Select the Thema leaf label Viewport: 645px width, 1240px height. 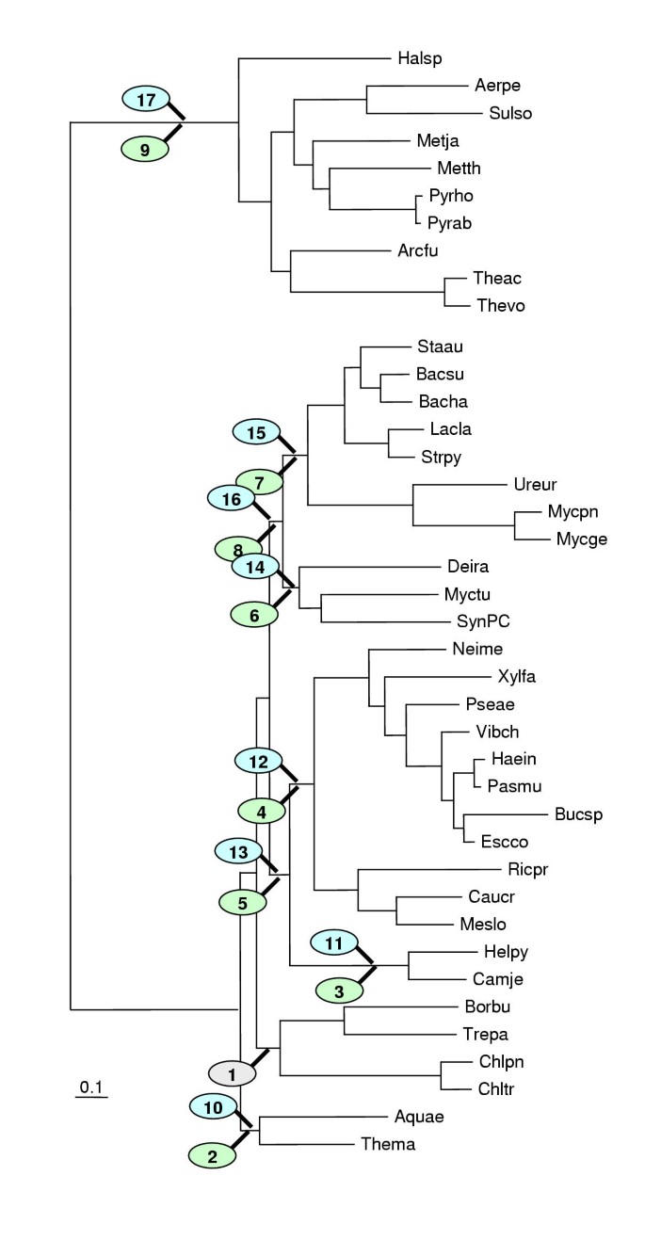388,1144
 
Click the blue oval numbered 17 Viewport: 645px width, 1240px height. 145,97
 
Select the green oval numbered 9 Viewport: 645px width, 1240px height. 145,148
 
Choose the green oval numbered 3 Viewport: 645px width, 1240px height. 341,990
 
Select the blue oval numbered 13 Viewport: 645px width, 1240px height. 239,851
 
